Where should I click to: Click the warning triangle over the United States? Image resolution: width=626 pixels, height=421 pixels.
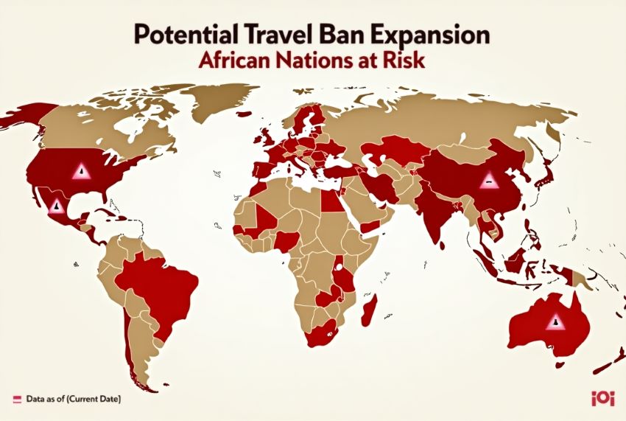pyautogui.click(x=81, y=172)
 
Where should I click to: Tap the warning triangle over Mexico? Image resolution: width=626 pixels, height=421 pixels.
pyautogui.click(x=56, y=206)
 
